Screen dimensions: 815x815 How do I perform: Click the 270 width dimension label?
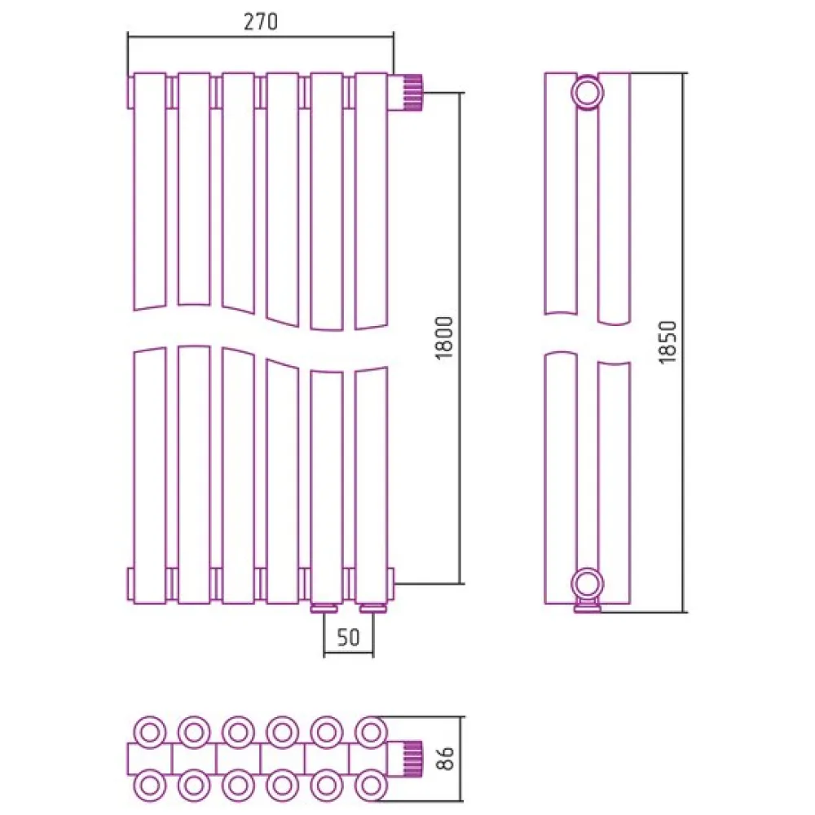click(x=261, y=22)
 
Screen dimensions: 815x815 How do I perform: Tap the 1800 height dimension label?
click(x=445, y=338)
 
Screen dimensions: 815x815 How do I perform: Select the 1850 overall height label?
click(x=668, y=342)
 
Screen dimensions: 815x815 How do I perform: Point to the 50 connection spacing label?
click(x=348, y=637)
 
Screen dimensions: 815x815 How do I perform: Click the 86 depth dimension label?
click(x=446, y=758)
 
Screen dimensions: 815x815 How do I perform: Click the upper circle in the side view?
click(x=588, y=93)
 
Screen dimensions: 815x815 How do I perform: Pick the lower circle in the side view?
click(x=588, y=584)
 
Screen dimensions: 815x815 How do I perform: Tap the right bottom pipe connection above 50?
click(x=371, y=608)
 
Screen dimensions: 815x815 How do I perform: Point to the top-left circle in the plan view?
click(x=150, y=733)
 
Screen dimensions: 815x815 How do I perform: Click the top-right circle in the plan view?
click(x=371, y=733)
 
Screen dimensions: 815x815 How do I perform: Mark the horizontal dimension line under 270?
click(x=261, y=37)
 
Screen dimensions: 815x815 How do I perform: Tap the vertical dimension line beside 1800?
click(x=460, y=338)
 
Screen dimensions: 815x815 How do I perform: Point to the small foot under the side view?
click(x=588, y=606)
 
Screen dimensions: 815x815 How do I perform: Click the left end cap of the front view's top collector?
click(x=130, y=93)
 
